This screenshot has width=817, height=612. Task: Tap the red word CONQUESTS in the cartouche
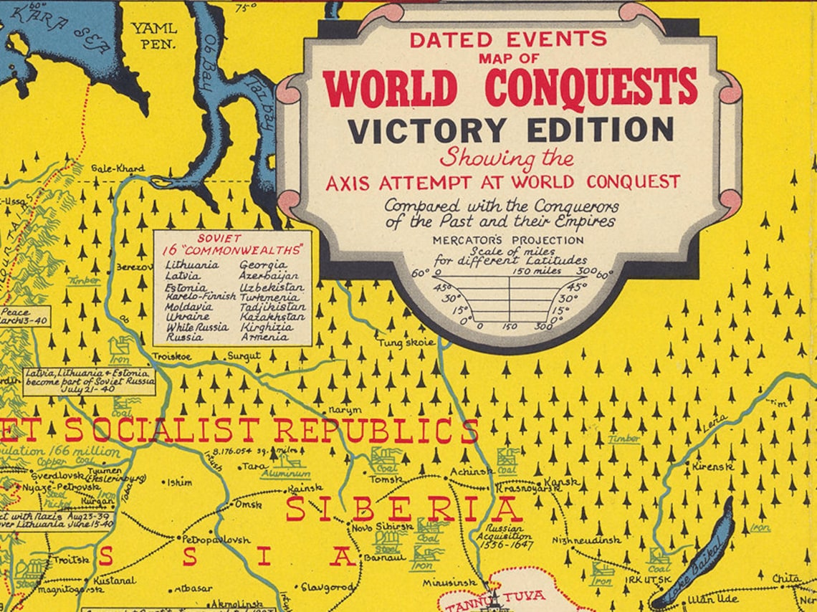pyautogui.click(x=591, y=87)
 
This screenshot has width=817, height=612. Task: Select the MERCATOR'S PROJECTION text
pyautogui.click(x=508, y=240)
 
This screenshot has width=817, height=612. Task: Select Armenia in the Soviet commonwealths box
pyautogui.click(x=264, y=336)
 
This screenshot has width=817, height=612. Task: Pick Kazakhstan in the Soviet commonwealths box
pyautogui.click(x=272, y=316)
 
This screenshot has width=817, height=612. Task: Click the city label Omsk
pyautogui.click(x=244, y=505)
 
